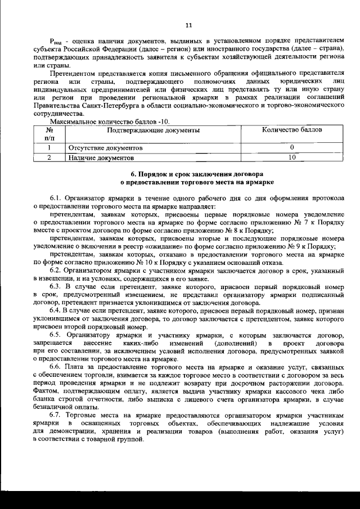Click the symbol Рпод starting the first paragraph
point(56,43)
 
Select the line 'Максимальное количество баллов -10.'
point(109,121)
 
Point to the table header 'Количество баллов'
point(292,130)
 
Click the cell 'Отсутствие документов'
point(105,148)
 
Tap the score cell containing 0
point(292,148)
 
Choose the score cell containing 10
point(292,158)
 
